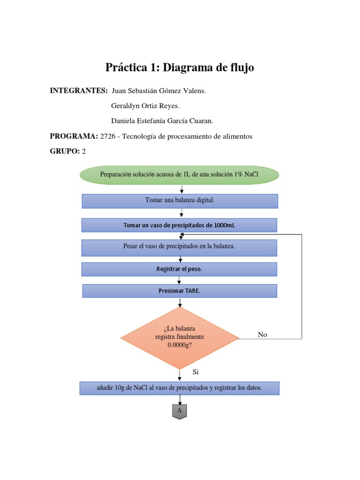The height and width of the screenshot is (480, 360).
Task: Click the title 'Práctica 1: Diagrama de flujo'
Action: pos(180,68)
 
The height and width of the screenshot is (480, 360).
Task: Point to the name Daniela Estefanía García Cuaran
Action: pos(162,121)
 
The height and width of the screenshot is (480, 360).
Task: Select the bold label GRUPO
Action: pos(65,151)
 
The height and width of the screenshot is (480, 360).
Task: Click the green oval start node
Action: pos(180,175)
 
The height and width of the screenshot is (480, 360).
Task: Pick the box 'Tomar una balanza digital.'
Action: pos(180,201)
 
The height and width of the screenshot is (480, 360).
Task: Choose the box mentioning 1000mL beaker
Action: pos(179,225)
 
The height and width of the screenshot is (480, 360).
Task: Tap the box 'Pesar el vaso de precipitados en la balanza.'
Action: pos(179,247)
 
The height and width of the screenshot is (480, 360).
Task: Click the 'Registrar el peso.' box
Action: pos(179,269)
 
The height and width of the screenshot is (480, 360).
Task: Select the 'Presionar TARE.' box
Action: pos(180,291)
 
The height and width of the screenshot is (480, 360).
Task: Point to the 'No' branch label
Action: pos(262,335)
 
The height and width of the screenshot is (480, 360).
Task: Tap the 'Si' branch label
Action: pos(196,372)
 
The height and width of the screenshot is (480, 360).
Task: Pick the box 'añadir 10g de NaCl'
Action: pos(180,388)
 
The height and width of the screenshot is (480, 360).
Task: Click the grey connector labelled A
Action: pos(180,411)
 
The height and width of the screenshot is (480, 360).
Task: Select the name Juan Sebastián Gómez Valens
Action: pos(159,90)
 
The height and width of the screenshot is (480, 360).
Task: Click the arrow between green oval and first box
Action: pos(181,189)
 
